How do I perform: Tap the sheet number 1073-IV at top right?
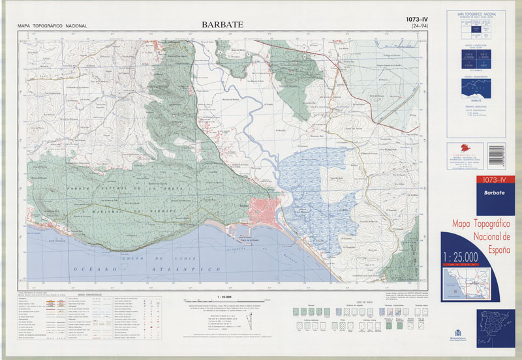click(421, 20)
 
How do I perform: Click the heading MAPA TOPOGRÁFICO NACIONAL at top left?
click(52, 26)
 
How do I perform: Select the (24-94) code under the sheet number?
click(421, 28)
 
